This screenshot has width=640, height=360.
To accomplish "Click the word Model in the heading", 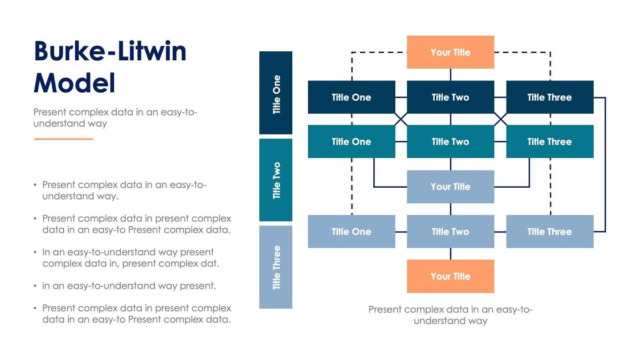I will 74,83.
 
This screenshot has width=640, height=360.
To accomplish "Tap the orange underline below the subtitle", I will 63,139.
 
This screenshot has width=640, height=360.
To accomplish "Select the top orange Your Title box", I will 450,52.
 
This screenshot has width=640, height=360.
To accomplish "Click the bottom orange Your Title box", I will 450,276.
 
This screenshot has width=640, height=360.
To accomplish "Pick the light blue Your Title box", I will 450,187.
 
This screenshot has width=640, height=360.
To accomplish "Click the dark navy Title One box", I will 351,97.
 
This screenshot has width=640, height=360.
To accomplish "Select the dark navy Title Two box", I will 450,97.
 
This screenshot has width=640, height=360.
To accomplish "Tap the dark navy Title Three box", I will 549,97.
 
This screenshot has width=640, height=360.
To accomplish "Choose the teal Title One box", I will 351,141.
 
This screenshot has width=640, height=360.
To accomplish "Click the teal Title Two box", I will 450,141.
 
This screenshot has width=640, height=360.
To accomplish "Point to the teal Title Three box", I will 549,141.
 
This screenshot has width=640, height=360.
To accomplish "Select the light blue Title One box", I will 351,231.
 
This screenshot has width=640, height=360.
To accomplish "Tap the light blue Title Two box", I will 450,231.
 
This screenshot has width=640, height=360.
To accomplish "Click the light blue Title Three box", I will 549,231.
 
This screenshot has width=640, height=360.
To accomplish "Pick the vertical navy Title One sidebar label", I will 276,93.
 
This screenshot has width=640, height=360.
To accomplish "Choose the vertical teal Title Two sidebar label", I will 276,180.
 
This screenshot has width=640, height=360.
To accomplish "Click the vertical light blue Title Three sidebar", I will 276,267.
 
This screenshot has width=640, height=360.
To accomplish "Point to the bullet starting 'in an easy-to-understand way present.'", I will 129,286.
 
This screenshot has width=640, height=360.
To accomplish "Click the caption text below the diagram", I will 450,315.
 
